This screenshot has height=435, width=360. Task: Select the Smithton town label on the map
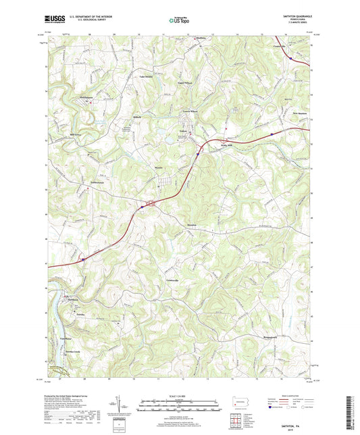click(x=72, y=299)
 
